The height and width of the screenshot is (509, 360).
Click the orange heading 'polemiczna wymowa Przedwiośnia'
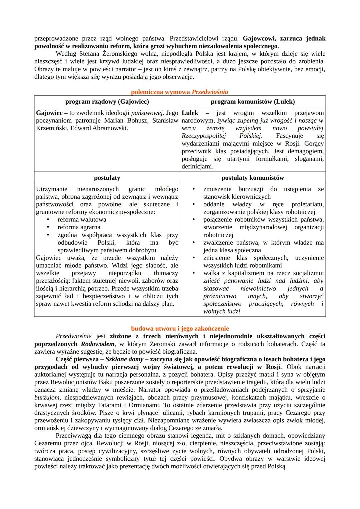pyautogui.click(x=179, y=92)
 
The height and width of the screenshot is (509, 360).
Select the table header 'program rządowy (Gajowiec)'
pyautogui.click(x=107, y=101)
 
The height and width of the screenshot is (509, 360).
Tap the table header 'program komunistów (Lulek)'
pyautogui.click(x=253, y=101)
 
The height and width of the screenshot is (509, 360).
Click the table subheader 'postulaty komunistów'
pyautogui.click(x=253, y=178)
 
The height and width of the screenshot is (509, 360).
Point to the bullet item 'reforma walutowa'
pyautogui.click(x=82, y=219)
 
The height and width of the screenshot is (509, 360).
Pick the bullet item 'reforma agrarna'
pyautogui.click(x=79, y=227)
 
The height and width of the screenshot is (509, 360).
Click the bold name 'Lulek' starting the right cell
pyautogui.click(x=190, y=113)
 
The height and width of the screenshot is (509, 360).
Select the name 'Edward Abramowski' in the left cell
pyautogui.click(x=99, y=128)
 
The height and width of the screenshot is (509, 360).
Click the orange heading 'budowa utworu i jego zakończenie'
pyautogui.click(x=180, y=328)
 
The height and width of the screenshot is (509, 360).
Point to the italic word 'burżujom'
pyautogui.click(x=47, y=398)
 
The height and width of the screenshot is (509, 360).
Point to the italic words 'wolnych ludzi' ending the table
pyautogui.click(x=222, y=311)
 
